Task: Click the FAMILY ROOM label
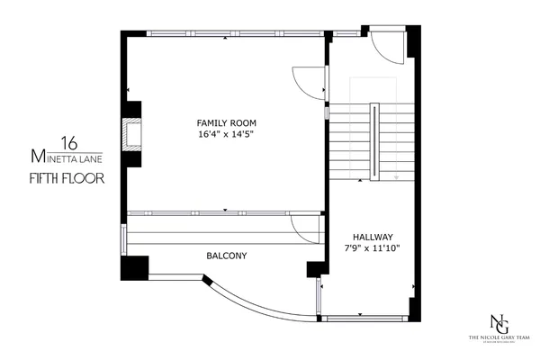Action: coord(226,122)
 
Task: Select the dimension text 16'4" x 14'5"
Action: coord(226,134)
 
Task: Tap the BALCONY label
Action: coord(227,256)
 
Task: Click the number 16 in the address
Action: coord(67,142)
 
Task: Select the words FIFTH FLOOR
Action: coord(67,177)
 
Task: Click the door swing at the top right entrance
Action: coord(389,48)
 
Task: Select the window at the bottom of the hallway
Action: coord(364,319)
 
